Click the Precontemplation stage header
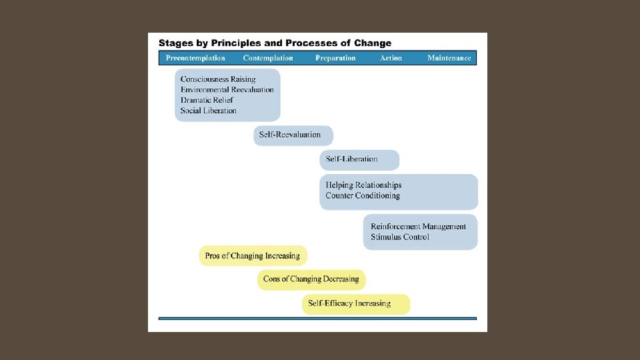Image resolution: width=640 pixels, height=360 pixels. (195, 58)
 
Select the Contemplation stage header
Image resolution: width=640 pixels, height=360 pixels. (268, 58)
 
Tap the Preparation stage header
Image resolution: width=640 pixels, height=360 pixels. (335, 58)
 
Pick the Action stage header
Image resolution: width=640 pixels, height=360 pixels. (391, 58)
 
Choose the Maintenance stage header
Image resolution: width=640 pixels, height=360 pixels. (449, 58)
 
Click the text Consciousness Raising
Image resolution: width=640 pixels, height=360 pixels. (218, 79)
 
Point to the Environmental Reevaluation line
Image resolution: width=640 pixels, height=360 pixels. (227, 89)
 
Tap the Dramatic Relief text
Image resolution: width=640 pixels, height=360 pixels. (207, 100)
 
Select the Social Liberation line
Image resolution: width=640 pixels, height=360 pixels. (209, 111)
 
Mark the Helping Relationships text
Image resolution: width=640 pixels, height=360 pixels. (363, 185)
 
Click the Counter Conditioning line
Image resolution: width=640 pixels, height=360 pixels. (363, 196)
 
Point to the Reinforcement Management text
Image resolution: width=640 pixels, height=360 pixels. (419, 227)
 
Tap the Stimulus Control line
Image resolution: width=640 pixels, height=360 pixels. (400, 237)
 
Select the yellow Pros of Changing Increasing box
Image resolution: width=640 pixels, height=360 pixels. (253, 255)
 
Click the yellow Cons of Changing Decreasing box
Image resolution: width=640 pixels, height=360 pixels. (311, 279)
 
